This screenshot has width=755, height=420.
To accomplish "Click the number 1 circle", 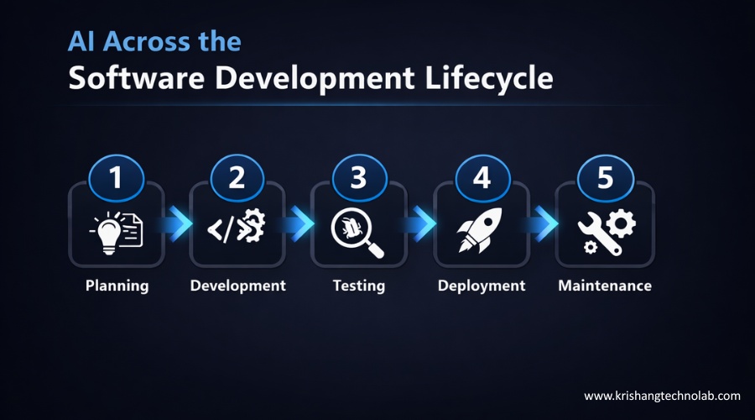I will (x=116, y=178).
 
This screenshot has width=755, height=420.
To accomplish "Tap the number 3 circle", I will (x=359, y=178).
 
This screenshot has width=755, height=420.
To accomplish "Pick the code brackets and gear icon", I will (x=237, y=229).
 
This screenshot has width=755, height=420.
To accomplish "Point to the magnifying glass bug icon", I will (x=358, y=231).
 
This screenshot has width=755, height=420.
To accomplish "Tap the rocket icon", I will (x=481, y=229).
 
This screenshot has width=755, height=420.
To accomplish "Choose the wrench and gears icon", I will (x=606, y=231).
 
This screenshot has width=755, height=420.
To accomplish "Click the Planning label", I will (x=117, y=286).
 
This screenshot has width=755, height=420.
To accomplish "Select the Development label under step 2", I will (x=237, y=286).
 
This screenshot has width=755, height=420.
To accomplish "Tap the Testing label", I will (x=358, y=286).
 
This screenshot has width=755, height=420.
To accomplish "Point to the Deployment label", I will (x=482, y=286).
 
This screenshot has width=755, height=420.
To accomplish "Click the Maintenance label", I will (x=605, y=286).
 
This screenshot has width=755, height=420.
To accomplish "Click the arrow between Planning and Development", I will (x=177, y=223).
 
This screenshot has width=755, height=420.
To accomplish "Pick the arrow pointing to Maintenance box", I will (x=544, y=223).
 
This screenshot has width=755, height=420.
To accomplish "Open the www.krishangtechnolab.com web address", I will (x=662, y=395).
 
